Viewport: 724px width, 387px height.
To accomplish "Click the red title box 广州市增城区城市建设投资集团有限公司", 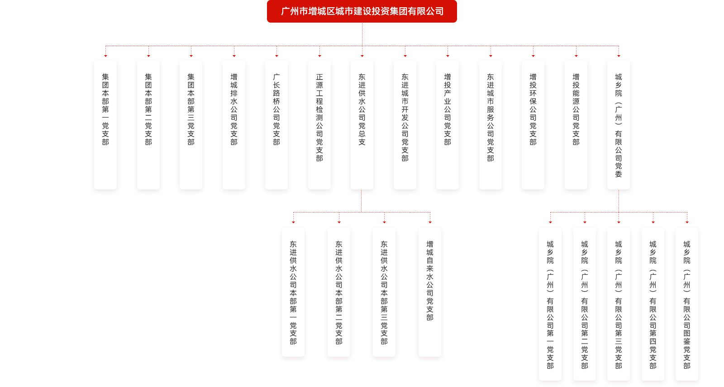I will [362, 11].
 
